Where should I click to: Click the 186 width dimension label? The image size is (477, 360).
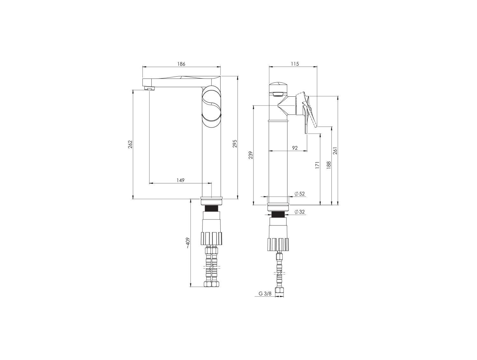coord(181,64)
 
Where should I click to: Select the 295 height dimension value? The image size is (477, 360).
coord(235,144)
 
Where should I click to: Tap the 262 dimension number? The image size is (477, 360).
coord(130,144)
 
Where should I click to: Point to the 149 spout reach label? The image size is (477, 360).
coord(180,180)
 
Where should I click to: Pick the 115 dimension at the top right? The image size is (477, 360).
coord(295,64)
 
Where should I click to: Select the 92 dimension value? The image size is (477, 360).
coord(295,148)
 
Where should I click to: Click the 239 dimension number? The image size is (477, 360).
coord(251,155)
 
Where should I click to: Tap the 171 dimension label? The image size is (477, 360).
coord(317,165)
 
